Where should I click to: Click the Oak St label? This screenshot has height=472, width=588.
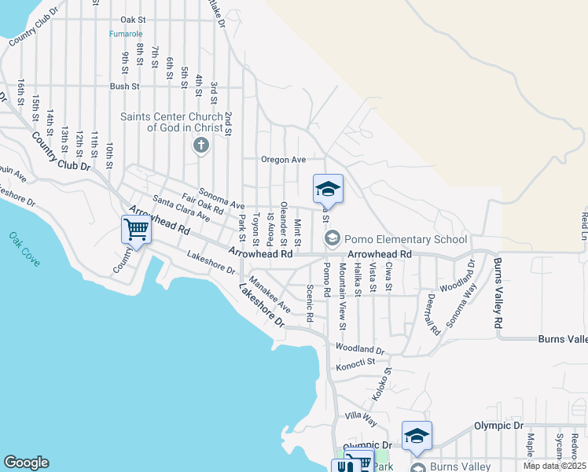(134, 19)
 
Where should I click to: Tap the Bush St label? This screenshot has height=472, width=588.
(124, 87)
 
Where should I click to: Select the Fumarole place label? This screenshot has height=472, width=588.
(127, 35)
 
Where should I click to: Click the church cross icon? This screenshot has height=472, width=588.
(200, 146)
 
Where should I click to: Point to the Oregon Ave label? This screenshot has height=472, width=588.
(283, 160)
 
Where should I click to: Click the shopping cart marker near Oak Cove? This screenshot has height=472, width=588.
(136, 230)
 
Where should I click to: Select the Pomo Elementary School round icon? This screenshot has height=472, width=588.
(333, 238)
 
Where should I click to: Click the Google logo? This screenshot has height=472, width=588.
(26, 463)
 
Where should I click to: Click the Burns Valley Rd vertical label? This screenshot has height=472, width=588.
(497, 292)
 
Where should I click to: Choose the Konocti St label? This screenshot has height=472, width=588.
(356, 363)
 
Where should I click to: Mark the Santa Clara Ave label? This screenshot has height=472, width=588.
(181, 208)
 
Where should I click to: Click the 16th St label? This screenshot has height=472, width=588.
(21, 92)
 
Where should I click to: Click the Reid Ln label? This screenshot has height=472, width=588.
(584, 225)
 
